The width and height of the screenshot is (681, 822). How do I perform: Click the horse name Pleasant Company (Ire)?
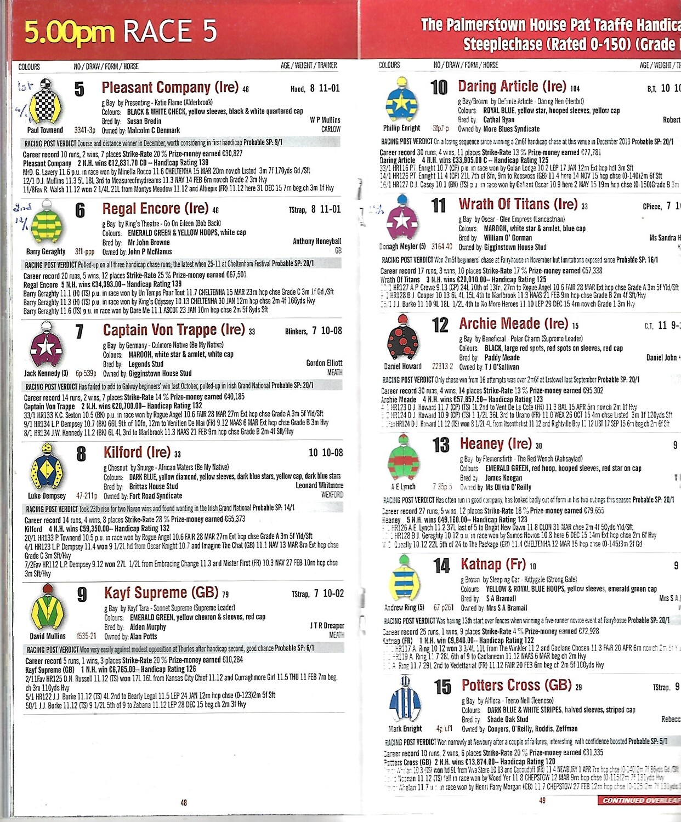coord(170,88)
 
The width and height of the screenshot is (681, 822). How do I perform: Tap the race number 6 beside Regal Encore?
coord(80,210)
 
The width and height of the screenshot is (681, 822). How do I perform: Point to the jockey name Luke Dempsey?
coord(47,496)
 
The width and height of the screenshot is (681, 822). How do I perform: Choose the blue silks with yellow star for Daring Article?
coord(402,101)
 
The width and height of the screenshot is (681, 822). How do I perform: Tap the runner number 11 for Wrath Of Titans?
coord(439,206)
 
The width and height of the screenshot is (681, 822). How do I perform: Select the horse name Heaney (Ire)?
coord(496,444)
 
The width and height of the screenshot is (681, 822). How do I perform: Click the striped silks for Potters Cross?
coord(405,700)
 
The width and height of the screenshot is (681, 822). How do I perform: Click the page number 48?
coord(184,803)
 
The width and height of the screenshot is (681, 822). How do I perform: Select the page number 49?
coord(542,801)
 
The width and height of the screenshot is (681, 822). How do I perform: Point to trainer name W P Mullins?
coord(325,120)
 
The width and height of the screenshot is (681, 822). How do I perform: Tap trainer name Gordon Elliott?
coord(324,363)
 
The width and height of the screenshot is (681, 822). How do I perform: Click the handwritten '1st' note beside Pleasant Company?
coord(25,87)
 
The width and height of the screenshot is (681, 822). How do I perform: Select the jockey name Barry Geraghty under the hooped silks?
coord(46,252)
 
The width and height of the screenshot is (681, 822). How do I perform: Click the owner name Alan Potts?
coord(143,637)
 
